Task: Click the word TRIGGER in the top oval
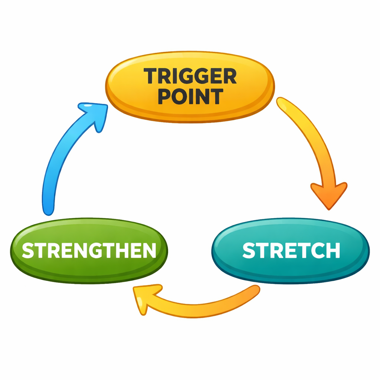coord(190,76)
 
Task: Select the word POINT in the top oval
coord(190,96)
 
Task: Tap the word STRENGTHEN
coord(89,251)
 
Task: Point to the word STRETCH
coord(291,251)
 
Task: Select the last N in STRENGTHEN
coord(148,251)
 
